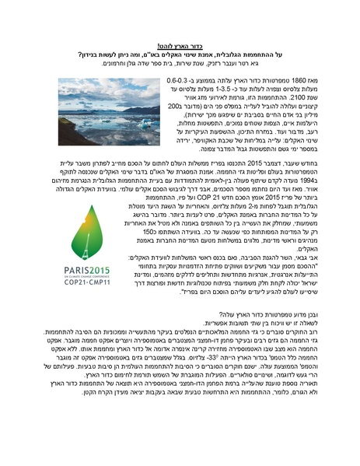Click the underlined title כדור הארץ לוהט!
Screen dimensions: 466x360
point(180,46)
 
